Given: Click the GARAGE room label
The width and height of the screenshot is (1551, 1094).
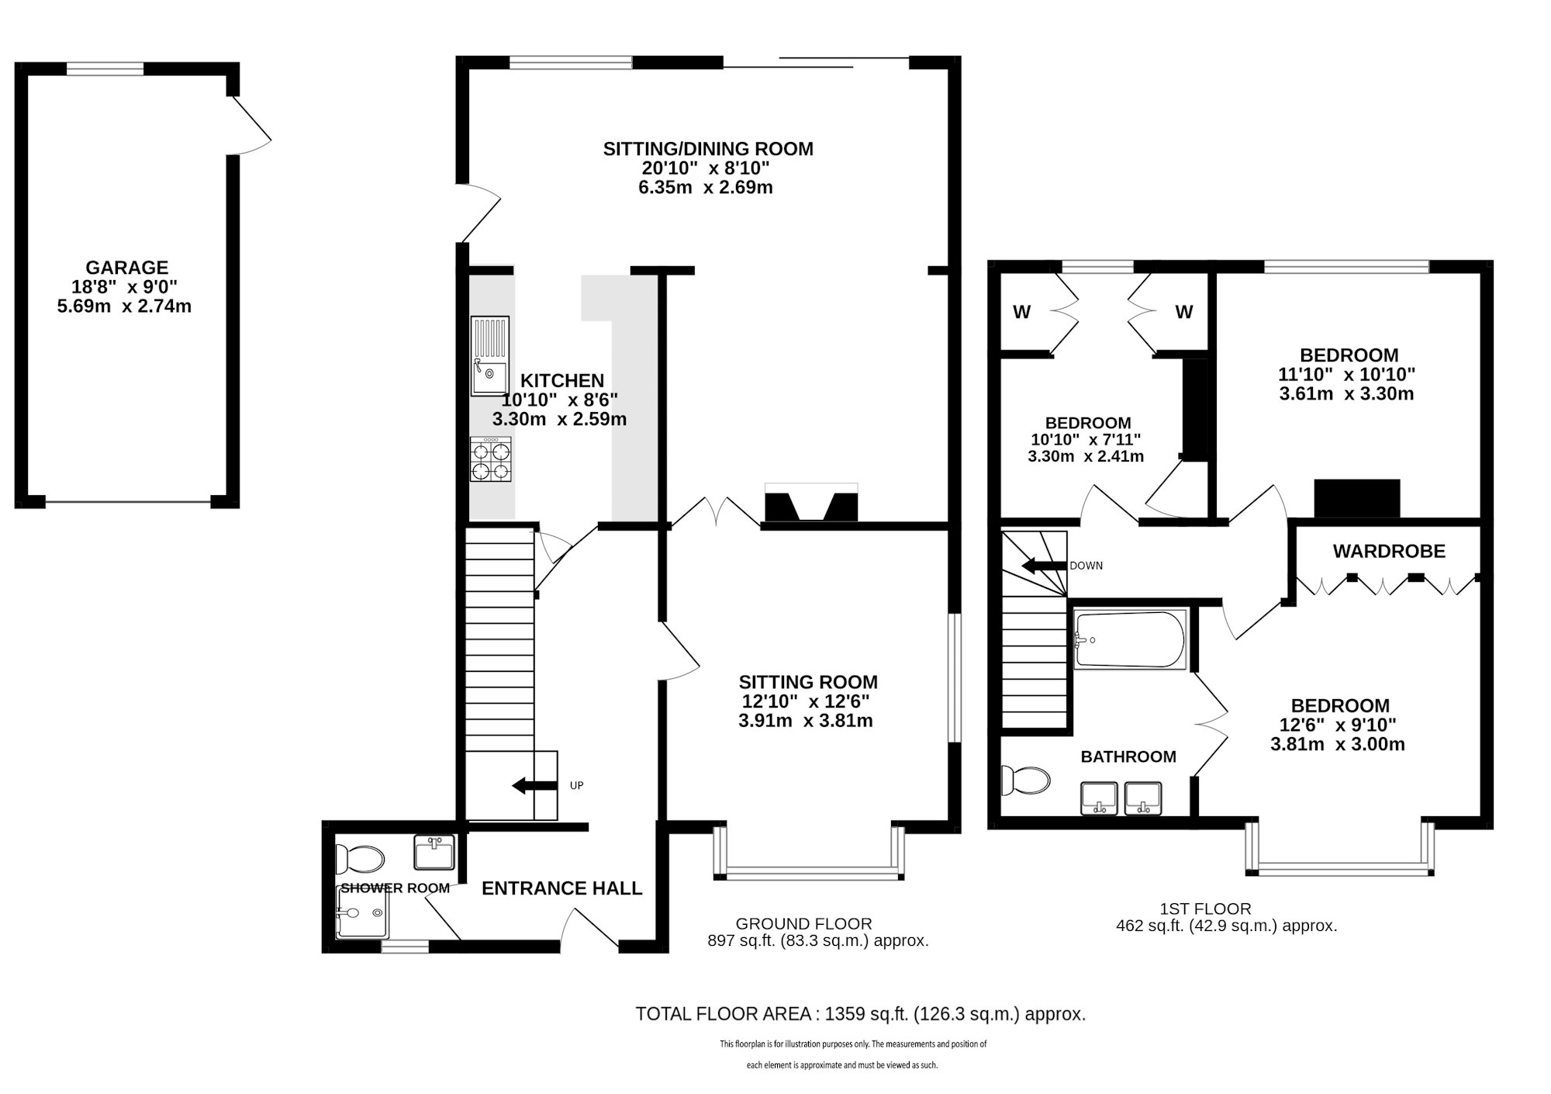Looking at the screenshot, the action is point(126,268).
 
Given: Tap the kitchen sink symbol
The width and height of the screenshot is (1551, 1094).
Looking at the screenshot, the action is point(489,356).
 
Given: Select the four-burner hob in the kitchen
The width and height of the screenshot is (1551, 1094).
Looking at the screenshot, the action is point(492,460).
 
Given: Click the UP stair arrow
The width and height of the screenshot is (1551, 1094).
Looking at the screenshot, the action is point(534,786).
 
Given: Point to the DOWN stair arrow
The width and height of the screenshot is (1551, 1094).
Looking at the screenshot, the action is point(1044,566).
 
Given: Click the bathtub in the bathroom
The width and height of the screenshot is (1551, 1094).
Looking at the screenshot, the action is point(1131,640).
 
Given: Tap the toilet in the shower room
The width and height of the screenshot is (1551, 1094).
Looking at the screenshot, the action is point(361,860).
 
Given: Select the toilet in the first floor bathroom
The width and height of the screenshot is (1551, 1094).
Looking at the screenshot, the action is point(1024,781).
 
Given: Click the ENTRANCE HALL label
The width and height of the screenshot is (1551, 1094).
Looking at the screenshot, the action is point(562,888).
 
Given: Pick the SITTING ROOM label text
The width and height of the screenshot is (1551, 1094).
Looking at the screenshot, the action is point(808,682).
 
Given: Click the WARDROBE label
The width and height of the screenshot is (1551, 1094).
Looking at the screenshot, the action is point(1389,552).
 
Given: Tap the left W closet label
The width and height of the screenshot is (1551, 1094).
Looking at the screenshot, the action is point(1021,312).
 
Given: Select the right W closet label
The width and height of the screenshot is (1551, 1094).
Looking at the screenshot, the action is point(1183,312).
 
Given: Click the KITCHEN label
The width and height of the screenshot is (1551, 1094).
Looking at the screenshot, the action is point(562,381).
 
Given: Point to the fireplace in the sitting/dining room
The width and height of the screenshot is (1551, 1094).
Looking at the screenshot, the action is point(812,501).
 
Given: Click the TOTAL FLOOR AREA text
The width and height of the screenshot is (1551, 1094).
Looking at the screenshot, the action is point(861,1014).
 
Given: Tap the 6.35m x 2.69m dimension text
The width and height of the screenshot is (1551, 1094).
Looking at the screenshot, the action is point(706,187).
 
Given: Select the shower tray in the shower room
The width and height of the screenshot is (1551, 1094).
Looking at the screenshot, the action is point(363,913).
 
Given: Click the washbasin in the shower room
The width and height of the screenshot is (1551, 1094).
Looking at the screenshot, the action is point(434,852).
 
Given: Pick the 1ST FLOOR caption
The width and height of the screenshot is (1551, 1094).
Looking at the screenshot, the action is point(1205,909).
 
